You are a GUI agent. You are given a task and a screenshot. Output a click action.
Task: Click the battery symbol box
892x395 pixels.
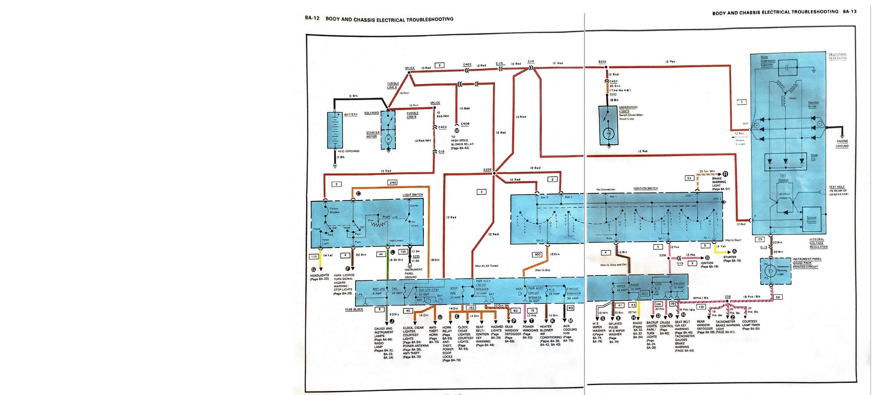click(335, 130)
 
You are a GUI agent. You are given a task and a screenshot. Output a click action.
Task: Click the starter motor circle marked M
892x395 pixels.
click(388, 139)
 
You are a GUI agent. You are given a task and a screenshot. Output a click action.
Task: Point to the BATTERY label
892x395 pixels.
click(351, 115)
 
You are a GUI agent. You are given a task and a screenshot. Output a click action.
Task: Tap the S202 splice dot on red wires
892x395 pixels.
click(494, 173)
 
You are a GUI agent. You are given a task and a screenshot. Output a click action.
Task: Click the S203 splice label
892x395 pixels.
click(602, 62)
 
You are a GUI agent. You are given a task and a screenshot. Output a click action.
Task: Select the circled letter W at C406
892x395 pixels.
click(456, 130)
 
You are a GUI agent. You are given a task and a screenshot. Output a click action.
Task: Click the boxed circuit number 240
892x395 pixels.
click(393, 183)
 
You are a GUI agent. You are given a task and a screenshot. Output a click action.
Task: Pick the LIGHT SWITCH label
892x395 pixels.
click(413, 195)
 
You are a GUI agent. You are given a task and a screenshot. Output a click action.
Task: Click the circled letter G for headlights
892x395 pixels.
click(313, 269)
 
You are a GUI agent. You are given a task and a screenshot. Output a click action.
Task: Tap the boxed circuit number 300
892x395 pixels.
click(537, 254)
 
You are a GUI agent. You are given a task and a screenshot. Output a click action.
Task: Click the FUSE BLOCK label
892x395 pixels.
click(354, 309)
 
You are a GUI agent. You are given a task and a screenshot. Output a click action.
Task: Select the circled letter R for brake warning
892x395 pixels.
click(725, 174)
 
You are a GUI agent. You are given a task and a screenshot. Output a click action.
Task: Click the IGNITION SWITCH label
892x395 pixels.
click(646, 188)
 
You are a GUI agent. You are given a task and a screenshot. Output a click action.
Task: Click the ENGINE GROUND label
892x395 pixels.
click(842, 143)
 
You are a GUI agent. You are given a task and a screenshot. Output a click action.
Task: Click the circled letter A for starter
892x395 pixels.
click(734, 251)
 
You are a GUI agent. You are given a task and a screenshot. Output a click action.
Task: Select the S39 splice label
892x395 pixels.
click(728, 297)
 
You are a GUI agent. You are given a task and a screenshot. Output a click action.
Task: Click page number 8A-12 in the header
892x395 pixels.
click(312, 18)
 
